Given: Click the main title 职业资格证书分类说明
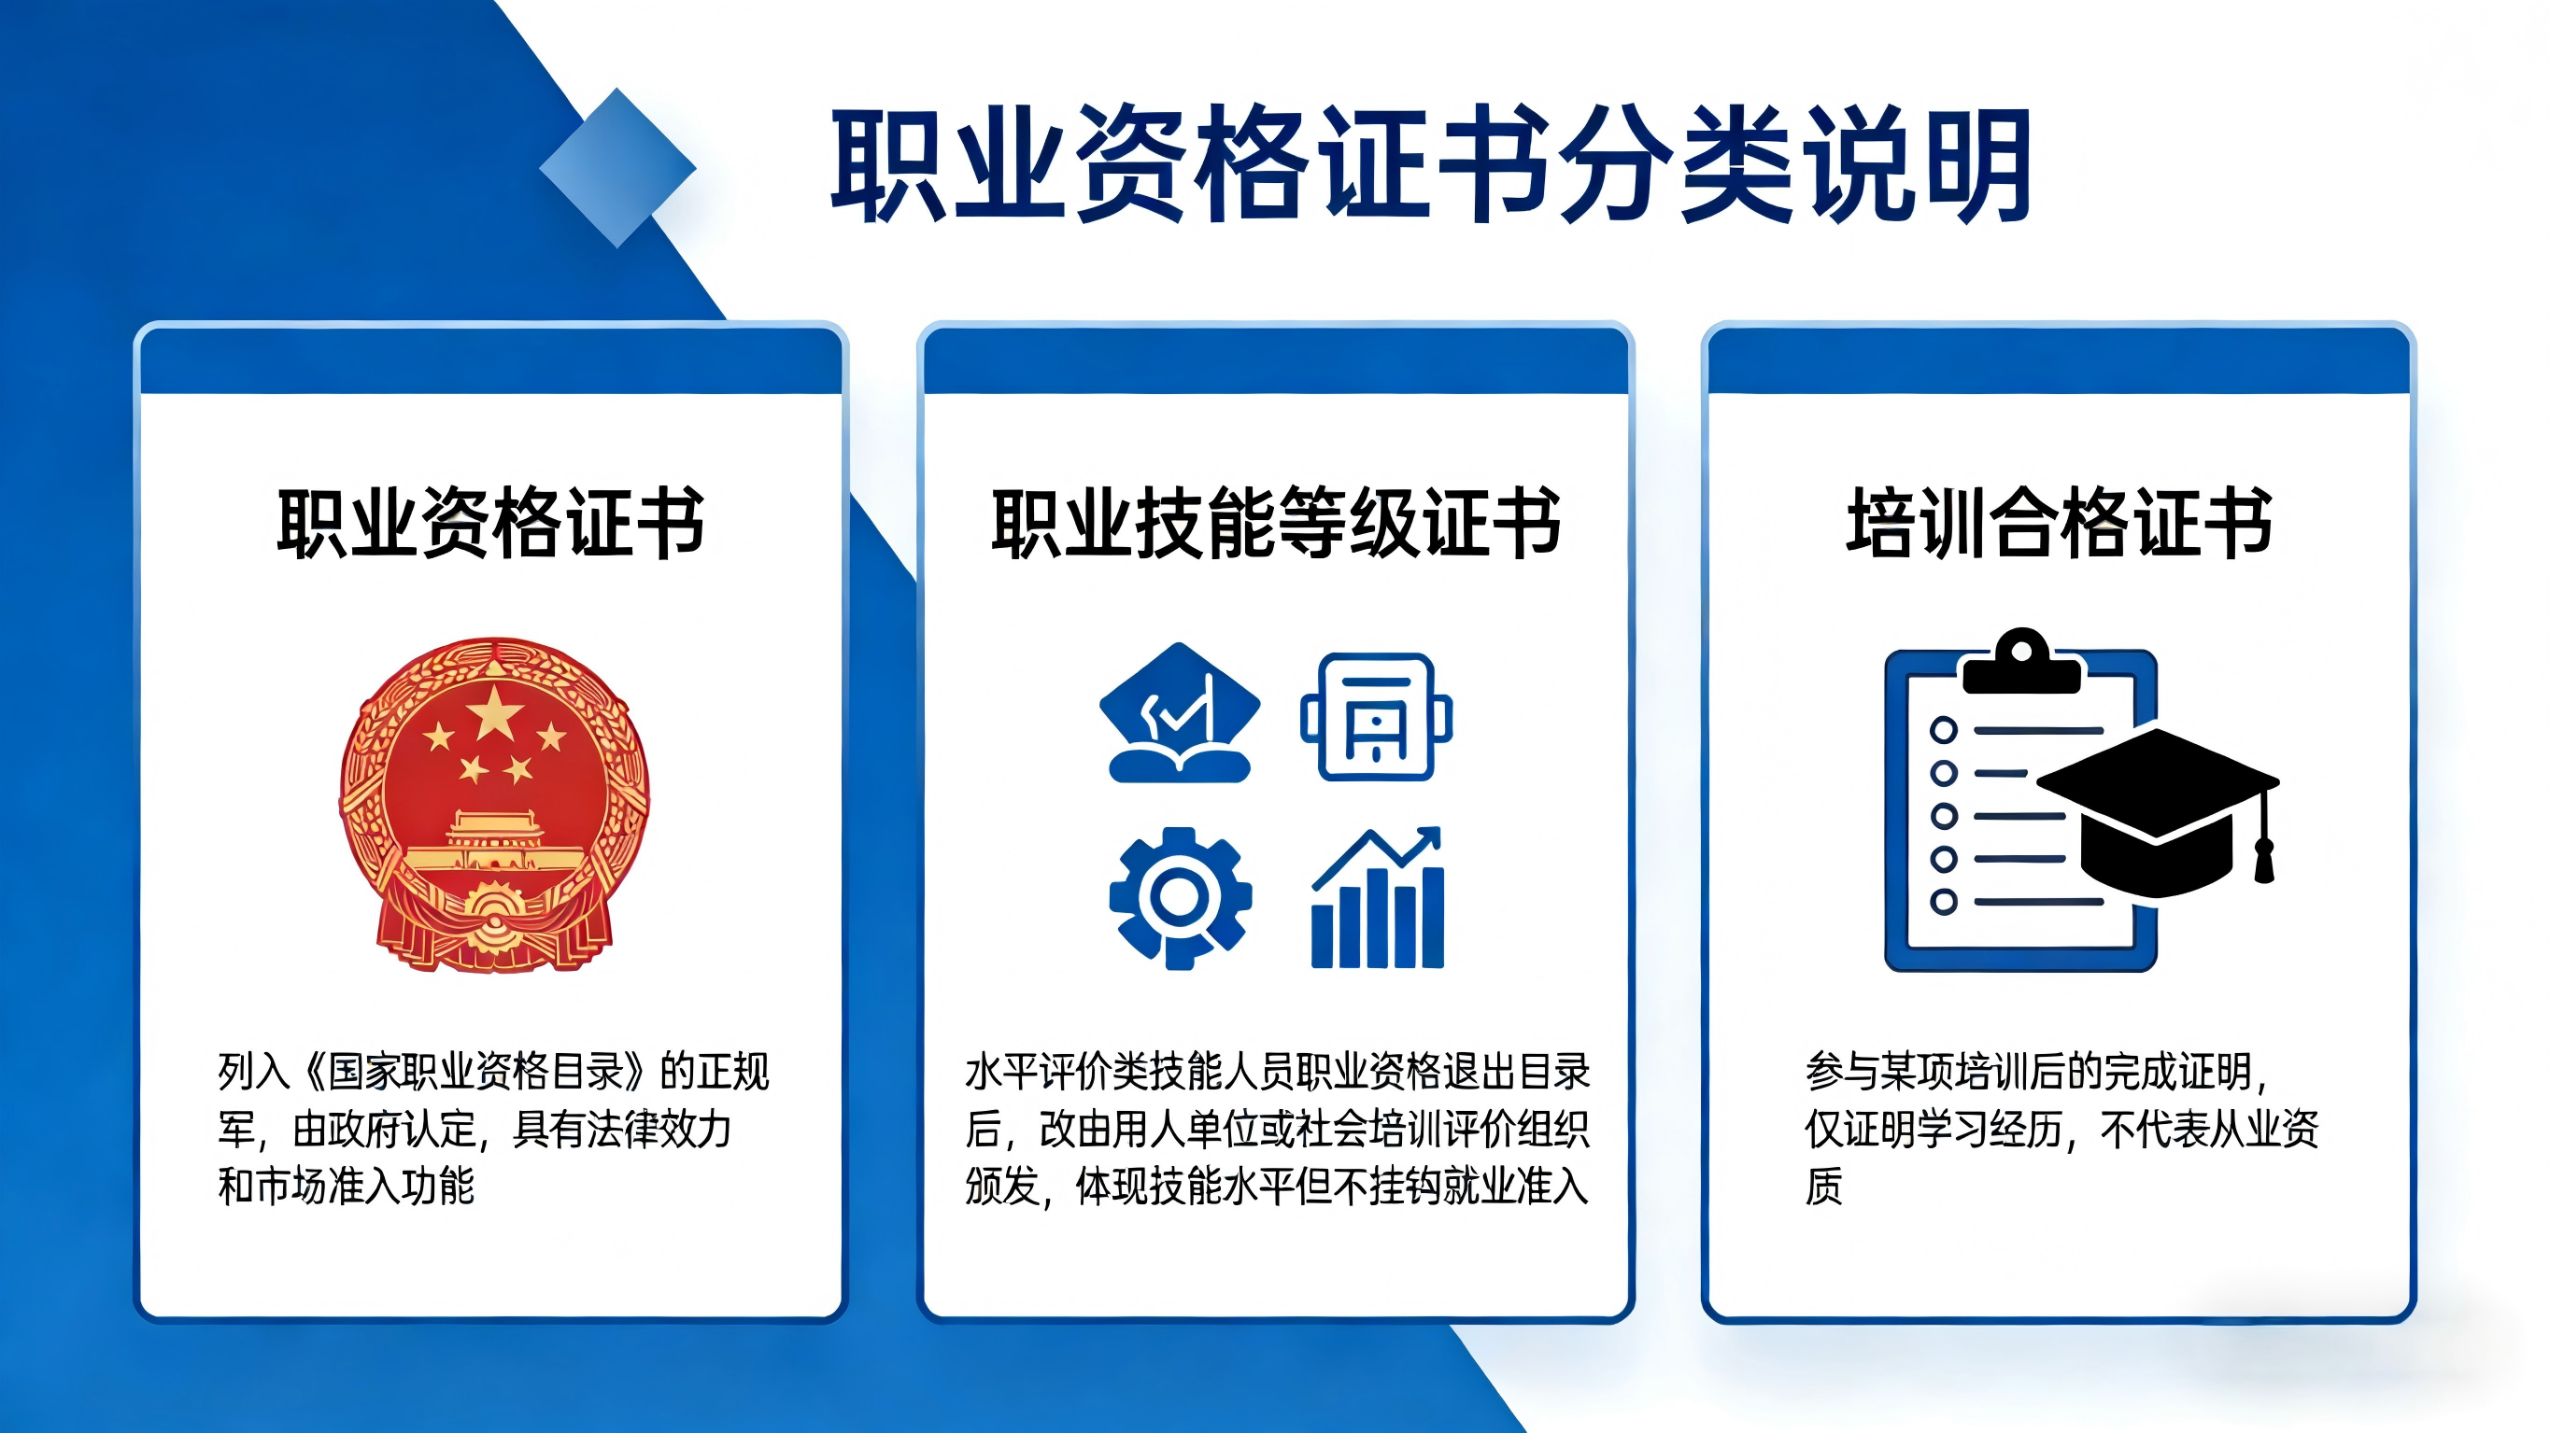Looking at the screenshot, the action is pyautogui.click(x=1431, y=164).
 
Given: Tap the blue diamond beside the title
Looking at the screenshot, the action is pyautogui.click(x=617, y=168).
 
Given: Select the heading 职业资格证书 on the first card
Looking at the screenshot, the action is pyautogui.click(x=491, y=524).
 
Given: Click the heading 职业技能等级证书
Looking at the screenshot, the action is pyautogui.click(x=1276, y=524).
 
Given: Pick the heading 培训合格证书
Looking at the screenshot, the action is pyautogui.click(x=2059, y=524).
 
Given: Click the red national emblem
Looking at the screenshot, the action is pyautogui.click(x=494, y=805).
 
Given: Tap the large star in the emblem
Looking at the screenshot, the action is pyautogui.click(x=494, y=712).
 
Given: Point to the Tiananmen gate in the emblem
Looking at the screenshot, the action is pyautogui.click(x=494, y=841).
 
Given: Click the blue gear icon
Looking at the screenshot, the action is pyautogui.click(x=1180, y=897).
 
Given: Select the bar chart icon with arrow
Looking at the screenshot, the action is pyautogui.click(x=1377, y=897).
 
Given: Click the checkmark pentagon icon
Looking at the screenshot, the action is pyautogui.click(x=1179, y=712).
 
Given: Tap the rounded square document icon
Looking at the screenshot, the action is pyautogui.click(x=1376, y=717).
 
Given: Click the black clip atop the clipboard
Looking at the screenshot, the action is pyautogui.click(x=2022, y=662).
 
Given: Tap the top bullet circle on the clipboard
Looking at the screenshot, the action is pyautogui.click(x=1943, y=730).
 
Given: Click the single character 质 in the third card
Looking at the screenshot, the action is pyautogui.click(x=1824, y=1186).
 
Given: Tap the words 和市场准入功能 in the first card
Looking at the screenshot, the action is pyautogui.click(x=347, y=1186).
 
